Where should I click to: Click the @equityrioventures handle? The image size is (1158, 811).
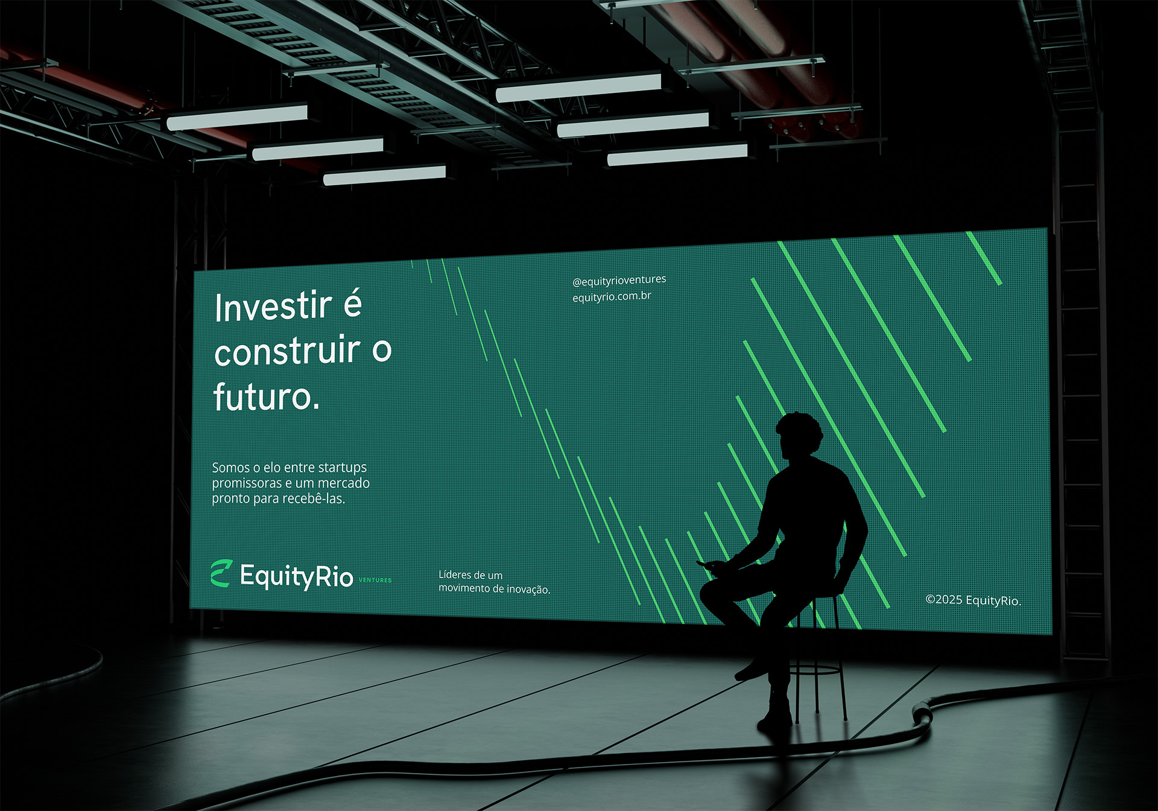click(x=619, y=280)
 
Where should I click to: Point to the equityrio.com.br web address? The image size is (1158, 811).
click(x=612, y=296)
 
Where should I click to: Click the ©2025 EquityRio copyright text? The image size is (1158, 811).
click(x=973, y=600)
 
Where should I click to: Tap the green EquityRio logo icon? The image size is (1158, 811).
click(x=221, y=573)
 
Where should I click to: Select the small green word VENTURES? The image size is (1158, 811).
click(x=375, y=580)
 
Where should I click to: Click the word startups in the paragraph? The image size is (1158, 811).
click(x=342, y=468)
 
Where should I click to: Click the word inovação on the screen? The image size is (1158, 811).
click(x=528, y=589)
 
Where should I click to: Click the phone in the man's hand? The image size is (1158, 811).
click(x=707, y=565)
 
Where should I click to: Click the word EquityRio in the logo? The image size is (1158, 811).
click(x=296, y=576)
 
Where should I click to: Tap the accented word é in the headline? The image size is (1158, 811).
click(x=352, y=304)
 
